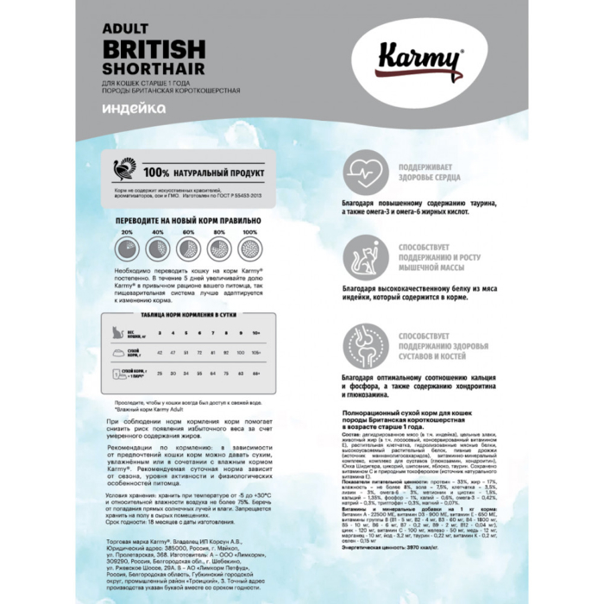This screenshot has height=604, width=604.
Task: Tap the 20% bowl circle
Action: point(127,249)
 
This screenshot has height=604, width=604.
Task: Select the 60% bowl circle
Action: point(188,249)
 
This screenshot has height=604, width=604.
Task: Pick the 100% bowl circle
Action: point(249,249)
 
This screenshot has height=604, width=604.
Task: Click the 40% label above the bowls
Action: point(158,232)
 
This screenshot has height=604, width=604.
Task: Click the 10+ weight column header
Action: point(255,333)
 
